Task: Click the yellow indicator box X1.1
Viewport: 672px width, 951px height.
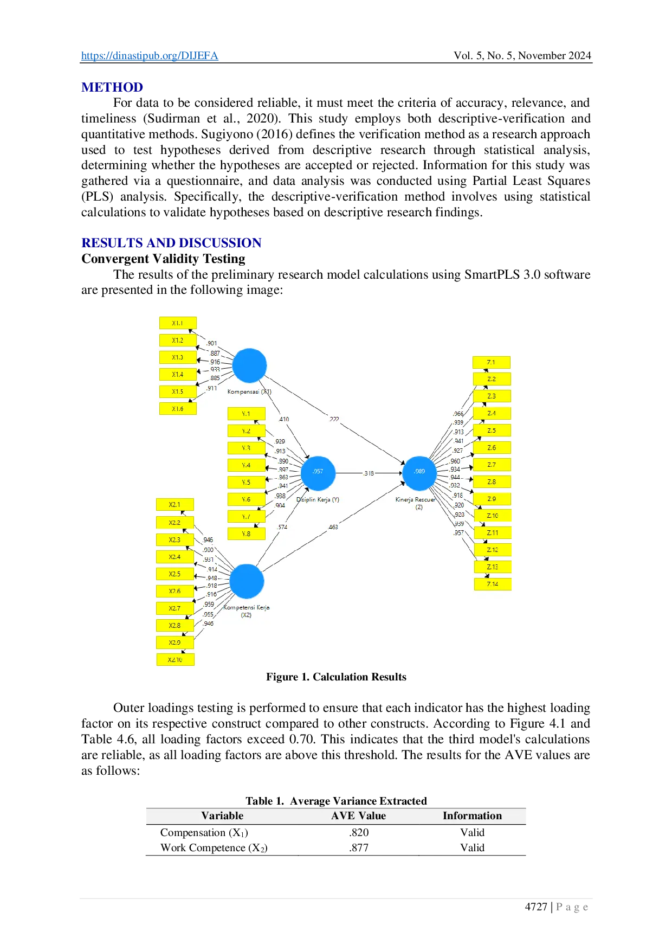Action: [178, 323]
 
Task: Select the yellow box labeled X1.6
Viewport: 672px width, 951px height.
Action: [178, 409]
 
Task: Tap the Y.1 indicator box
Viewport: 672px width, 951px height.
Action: [247, 414]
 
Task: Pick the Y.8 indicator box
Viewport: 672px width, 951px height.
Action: [247, 534]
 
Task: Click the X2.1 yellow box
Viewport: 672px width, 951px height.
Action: [175, 505]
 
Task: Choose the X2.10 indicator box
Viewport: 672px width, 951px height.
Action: [175, 660]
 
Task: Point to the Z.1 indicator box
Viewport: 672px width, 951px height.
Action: [491, 362]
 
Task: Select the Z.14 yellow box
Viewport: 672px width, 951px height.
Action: [492, 584]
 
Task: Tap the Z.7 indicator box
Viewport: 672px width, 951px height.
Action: [492, 465]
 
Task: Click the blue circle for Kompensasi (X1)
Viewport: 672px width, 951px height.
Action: [249, 365]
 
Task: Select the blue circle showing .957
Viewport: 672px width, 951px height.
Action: [318, 472]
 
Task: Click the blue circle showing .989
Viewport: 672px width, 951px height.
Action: [419, 472]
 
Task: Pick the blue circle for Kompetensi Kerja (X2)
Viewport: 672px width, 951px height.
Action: [247, 581]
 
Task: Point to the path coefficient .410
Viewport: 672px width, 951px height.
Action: [284, 419]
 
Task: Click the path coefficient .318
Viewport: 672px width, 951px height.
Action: [369, 473]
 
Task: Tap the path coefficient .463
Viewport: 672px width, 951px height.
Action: [333, 527]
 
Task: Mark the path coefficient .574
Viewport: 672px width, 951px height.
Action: [282, 527]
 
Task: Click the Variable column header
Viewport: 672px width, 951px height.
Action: [222, 816]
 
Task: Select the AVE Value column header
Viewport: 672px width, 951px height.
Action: [358, 816]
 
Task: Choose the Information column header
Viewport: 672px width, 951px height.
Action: [472, 816]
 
